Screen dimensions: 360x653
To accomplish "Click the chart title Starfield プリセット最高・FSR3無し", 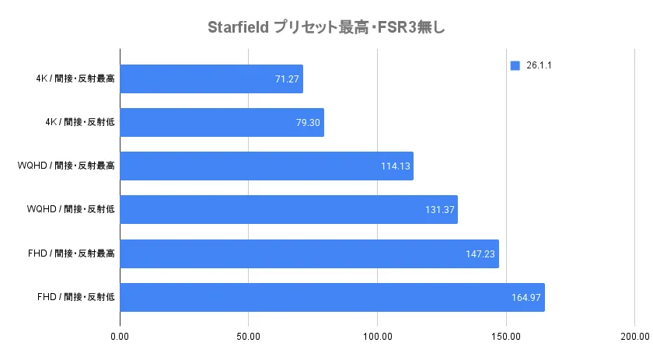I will tap(326, 28).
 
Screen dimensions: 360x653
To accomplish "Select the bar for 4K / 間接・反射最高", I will tap(211, 79).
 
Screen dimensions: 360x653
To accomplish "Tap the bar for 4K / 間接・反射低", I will tap(222, 123).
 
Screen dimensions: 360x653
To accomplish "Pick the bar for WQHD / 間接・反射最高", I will tap(267, 166).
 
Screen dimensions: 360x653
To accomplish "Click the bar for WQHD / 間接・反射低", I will tap(288, 210).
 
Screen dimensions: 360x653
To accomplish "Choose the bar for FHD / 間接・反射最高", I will tap(309, 253).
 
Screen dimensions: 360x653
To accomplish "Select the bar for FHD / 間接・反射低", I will tap(332, 297).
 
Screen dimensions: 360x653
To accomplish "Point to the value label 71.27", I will tap(288, 79).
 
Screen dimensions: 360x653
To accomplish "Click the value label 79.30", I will tap(309, 123).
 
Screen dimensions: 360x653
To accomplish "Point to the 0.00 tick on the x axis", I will tap(120, 336).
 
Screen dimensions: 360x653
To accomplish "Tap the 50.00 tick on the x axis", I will tap(249, 336).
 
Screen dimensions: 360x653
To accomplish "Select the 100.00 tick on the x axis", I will tap(377, 336).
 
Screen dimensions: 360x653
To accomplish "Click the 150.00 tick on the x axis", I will tap(506, 336).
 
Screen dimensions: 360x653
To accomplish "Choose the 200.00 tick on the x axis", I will tap(634, 336).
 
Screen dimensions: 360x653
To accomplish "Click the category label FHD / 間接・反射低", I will tap(76, 297).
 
